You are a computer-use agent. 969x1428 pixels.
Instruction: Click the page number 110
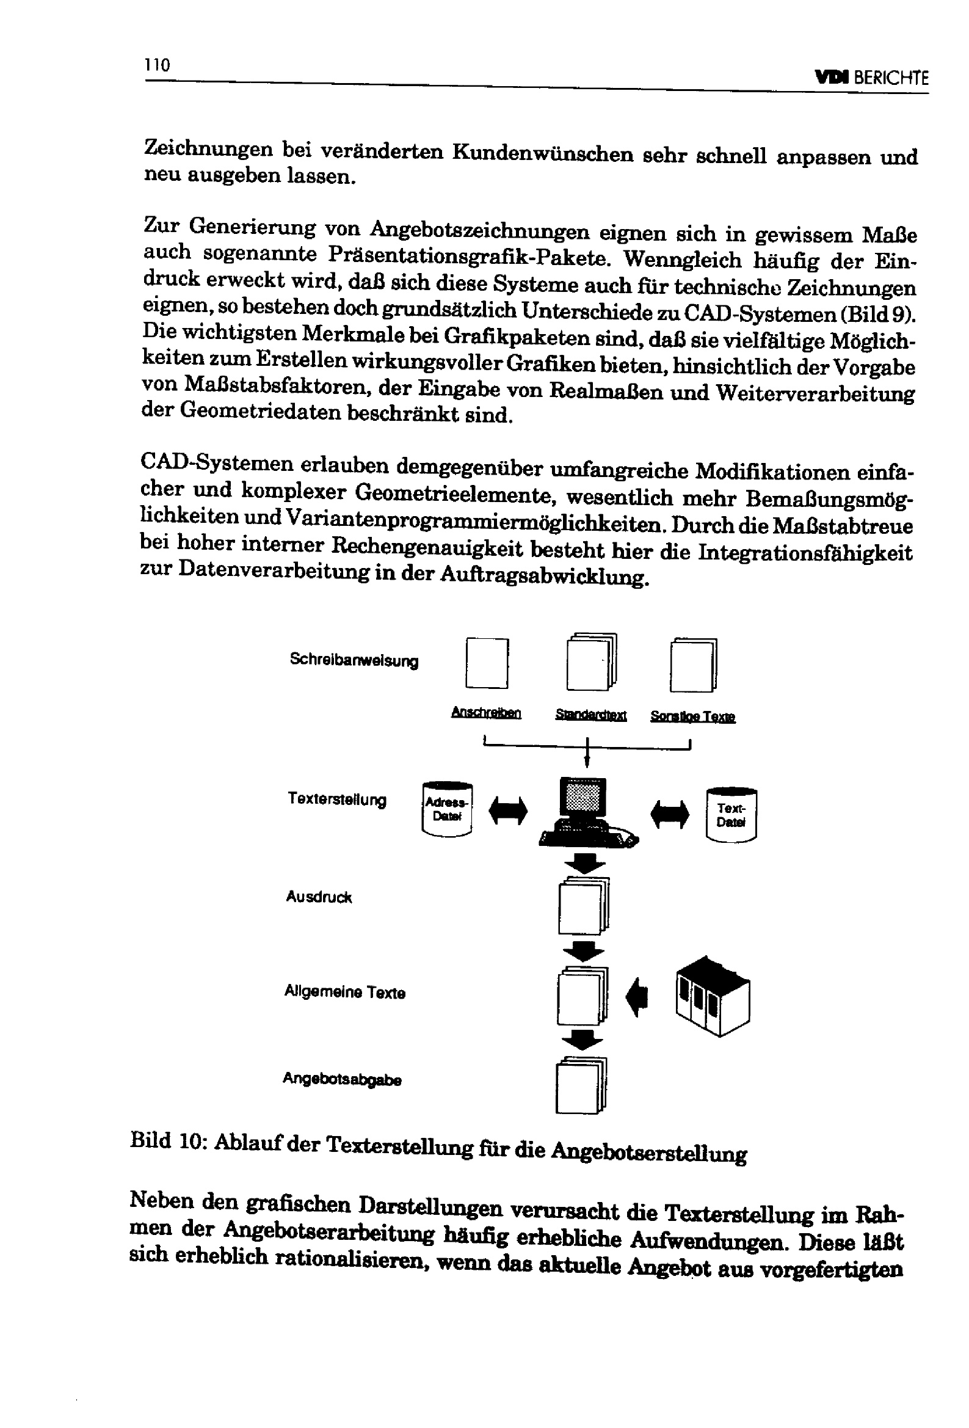(x=158, y=65)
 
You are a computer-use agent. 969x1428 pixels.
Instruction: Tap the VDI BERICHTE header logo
(x=871, y=78)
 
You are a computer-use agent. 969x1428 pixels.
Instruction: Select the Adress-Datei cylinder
(x=447, y=809)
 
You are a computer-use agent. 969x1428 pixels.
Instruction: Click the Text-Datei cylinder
(x=731, y=814)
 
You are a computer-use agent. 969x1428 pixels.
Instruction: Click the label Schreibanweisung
(x=354, y=660)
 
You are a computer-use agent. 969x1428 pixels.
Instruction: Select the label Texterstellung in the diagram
(x=336, y=799)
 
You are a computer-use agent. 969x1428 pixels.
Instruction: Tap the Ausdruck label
(x=318, y=897)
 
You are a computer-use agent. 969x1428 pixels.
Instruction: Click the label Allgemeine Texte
(x=344, y=992)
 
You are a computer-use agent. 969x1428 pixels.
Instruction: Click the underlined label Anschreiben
(x=485, y=713)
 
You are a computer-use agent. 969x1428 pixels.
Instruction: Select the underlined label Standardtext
(x=590, y=715)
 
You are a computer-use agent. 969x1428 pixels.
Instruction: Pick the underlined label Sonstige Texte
(x=692, y=716)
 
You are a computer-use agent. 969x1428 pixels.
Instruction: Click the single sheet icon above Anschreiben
(x=487, y=663)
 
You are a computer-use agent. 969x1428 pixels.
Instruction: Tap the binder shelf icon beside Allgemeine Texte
(x=712, y=996)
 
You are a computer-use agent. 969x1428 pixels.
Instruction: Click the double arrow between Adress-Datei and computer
(x=507, y=811)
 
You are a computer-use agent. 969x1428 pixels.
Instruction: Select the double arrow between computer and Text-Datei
(x=669, y=814)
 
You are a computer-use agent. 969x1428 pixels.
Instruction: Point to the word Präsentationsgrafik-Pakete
(x=469, y=256)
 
